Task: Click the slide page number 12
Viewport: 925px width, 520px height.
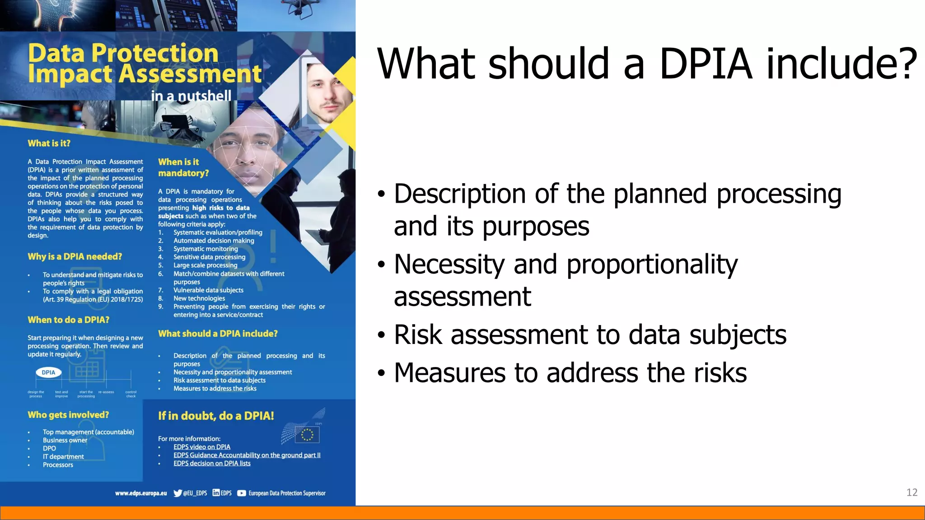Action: [911, 492]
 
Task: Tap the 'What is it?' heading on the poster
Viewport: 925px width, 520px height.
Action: [49, 144]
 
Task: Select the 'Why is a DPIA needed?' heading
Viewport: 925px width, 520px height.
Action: [75, 257]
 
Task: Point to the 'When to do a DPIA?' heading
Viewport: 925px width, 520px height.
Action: [69, 320]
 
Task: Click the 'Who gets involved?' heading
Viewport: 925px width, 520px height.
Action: [68, 415]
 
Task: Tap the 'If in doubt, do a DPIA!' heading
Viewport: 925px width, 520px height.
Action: [216, 416]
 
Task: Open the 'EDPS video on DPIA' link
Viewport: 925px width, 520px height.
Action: [202, 447]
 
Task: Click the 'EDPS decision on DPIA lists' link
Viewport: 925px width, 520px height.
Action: [212, 464]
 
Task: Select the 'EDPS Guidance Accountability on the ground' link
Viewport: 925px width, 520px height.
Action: [247, 455]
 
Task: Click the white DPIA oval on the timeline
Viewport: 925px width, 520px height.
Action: [48, 372]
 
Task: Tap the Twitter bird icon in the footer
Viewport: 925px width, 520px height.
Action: [178, 493]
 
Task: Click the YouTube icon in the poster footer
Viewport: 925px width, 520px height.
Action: [242, 493]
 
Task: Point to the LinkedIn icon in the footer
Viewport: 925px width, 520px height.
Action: [216, 493]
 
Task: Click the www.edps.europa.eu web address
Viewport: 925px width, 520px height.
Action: [141, 493]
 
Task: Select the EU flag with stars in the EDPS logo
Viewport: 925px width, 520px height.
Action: [307, 435]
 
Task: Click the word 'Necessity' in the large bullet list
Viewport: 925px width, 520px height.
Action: [449, 265]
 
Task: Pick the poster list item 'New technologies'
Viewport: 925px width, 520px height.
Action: [199, 298]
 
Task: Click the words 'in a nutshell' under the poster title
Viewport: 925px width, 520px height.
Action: [191, 96]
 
